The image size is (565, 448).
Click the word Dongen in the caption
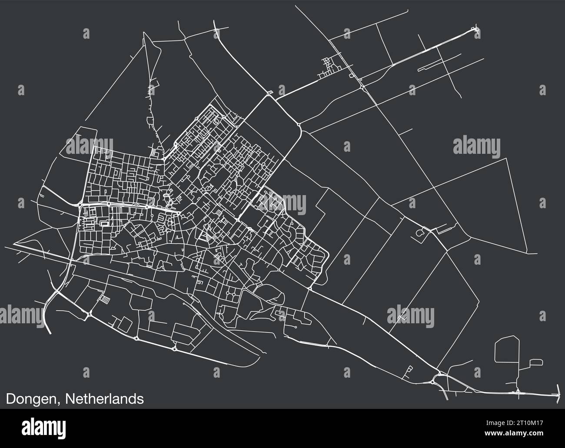(33, 398)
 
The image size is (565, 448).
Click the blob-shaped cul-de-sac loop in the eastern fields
(420, 233)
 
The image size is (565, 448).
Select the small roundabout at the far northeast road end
(475, 30)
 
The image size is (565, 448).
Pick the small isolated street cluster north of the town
(329, 67)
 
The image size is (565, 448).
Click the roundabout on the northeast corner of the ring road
(299, 126)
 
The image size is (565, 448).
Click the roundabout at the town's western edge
(80, 204)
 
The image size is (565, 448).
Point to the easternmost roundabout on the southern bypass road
(174, 348)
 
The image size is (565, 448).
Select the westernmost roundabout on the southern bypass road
(89, 314)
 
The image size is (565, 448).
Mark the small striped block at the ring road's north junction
(270, 92)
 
